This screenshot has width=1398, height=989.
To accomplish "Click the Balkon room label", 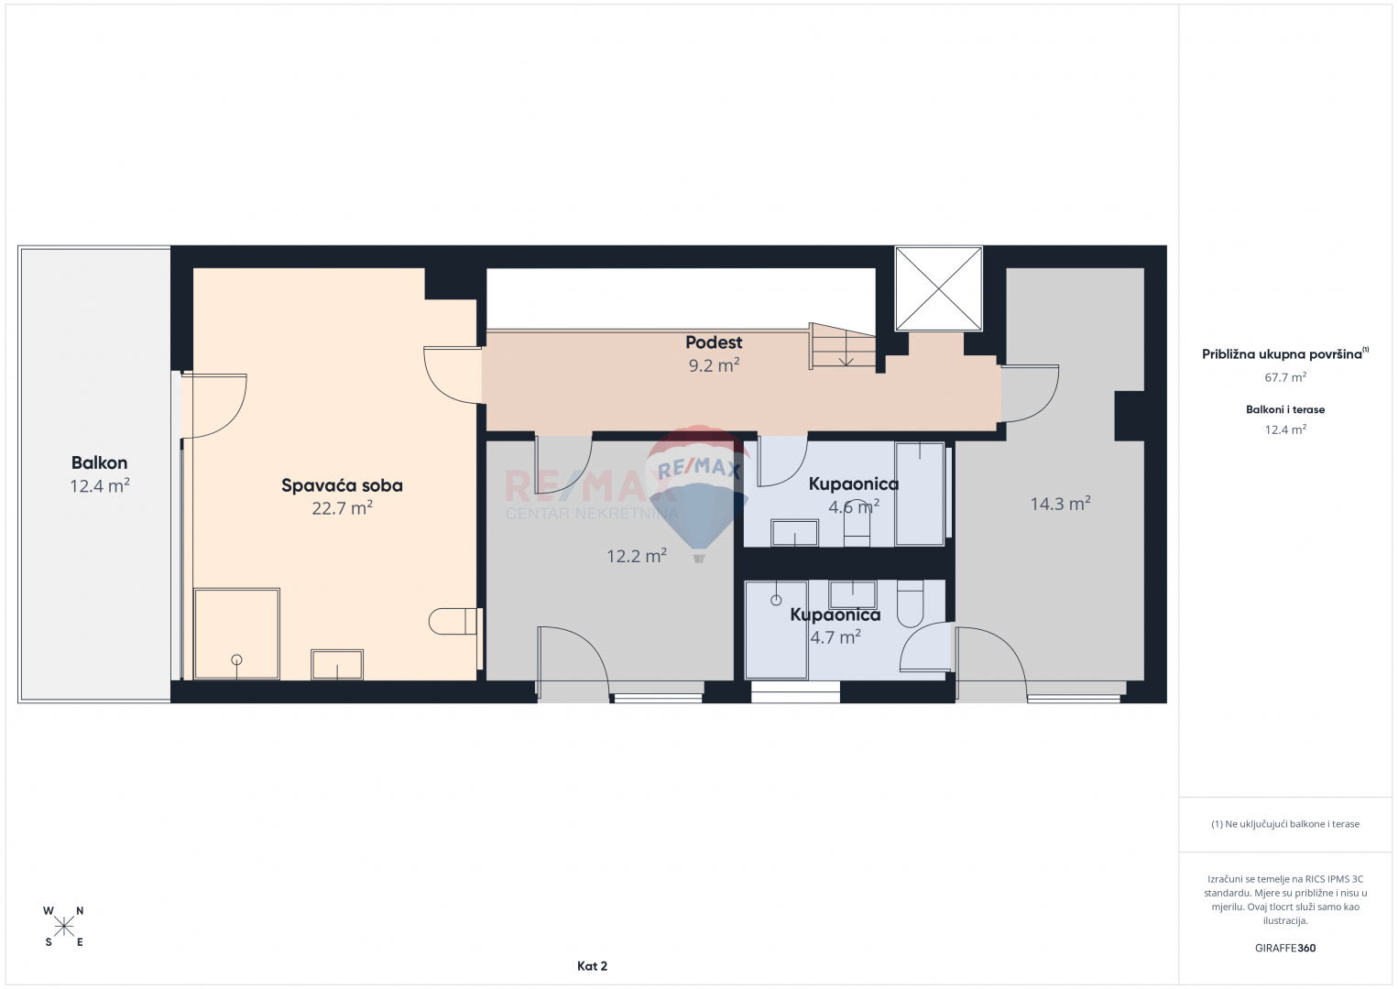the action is coord(99,462).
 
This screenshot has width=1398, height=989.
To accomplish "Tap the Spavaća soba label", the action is coord(342,485).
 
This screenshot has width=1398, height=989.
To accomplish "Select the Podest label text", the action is coord(714,342).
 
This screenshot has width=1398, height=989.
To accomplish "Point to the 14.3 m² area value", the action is coord(1060,503).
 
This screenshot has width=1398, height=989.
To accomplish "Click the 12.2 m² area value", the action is coord(637,555).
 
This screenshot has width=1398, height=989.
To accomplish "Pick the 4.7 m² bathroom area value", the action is coord(836,636).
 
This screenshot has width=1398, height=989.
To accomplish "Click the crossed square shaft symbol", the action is coord(938,288).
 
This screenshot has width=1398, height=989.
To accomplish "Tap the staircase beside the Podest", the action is coord(843,346).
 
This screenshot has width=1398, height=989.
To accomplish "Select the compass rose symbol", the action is coord(63,927).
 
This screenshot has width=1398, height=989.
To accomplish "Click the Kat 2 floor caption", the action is coord(592,966).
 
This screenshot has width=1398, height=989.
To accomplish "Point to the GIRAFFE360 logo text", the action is coord(1285,948).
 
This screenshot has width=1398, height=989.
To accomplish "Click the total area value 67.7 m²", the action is coord(1285,377).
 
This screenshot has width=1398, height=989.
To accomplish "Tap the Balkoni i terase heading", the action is coord(1285,409).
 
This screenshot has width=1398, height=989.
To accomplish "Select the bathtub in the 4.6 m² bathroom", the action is coord(919,494).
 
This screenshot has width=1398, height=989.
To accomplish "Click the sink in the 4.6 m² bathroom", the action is coord(794,533).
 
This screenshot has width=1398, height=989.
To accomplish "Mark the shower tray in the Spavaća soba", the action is coord(236,634).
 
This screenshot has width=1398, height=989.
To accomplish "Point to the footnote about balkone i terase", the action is coord(1285,823).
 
